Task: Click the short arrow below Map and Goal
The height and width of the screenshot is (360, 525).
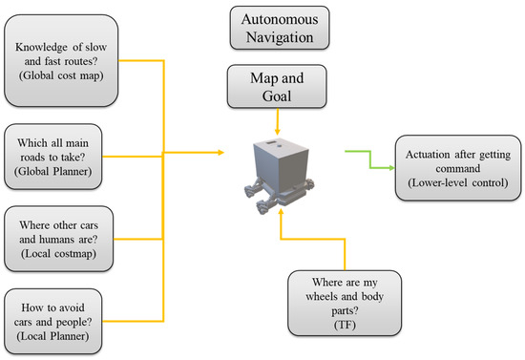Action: [x=277, y=123]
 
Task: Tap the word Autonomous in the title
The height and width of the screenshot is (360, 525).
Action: [x=278, y=19]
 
